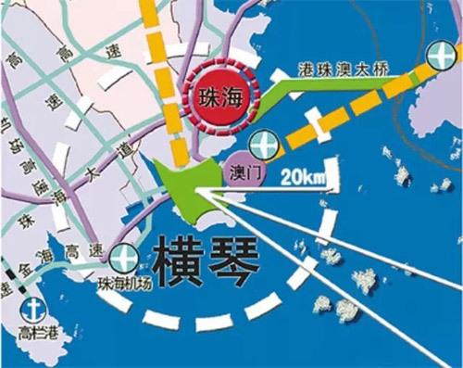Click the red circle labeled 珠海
click(219, 95)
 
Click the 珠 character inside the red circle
click(207, 95)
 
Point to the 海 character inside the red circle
click(231, 95)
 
